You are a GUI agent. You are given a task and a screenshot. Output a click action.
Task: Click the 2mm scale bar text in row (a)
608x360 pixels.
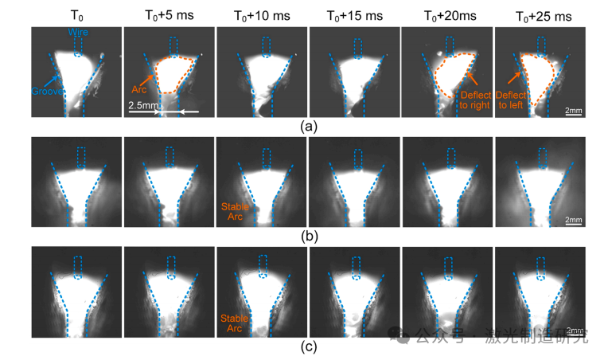click(x=571, y=109)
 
